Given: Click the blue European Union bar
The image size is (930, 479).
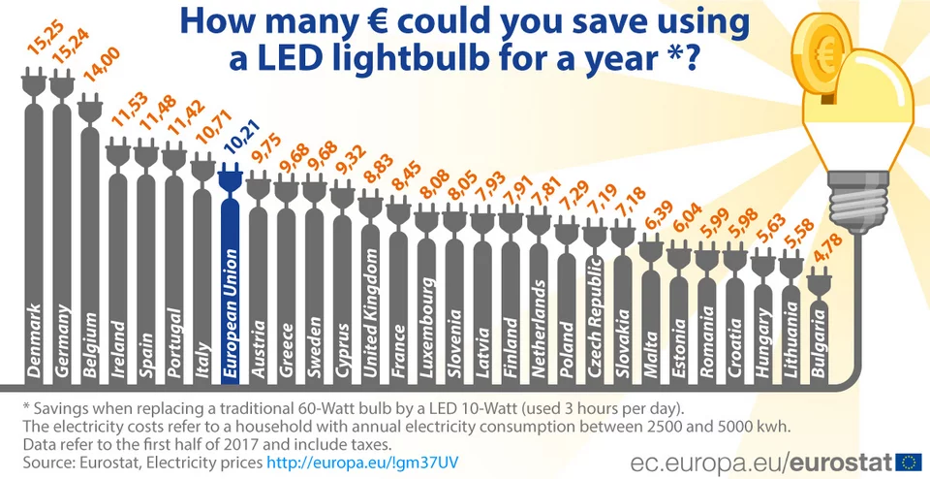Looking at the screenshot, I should (x=230, y=281).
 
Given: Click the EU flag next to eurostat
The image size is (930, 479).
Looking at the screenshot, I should (x=908, y=461).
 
